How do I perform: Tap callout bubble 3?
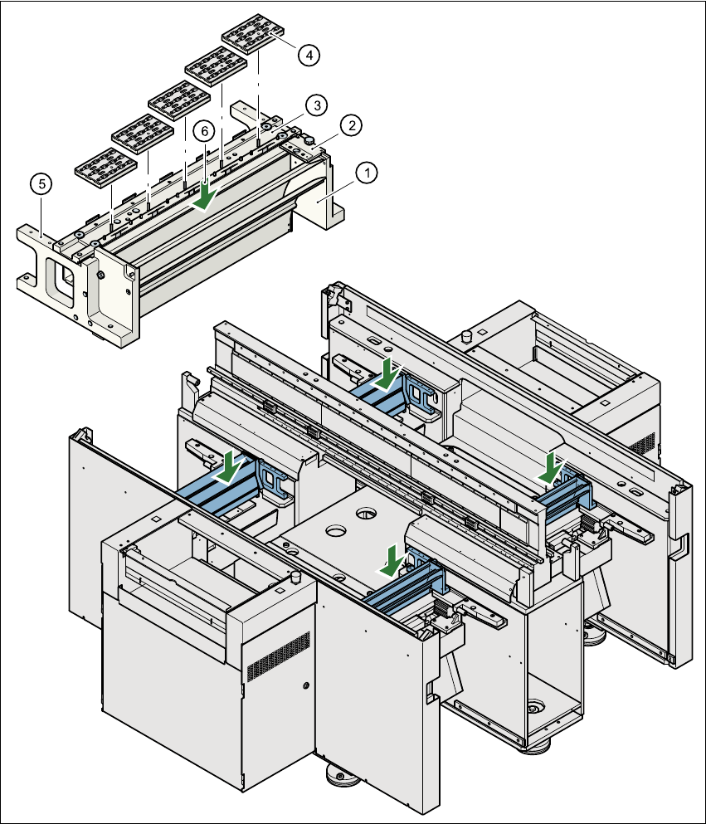pos(314,105)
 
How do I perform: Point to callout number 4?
pos(308,56)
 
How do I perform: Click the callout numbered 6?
pos(204,132)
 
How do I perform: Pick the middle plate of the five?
pos(178,100)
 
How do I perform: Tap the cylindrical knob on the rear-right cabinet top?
pos(466,336)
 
